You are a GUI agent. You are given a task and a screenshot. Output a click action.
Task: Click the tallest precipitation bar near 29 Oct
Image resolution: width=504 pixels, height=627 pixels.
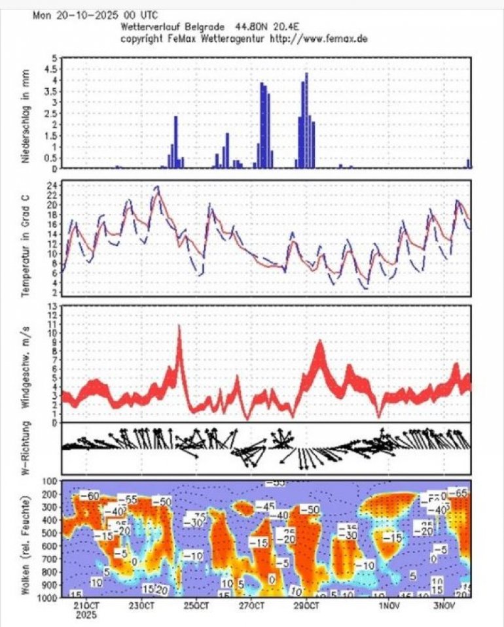pos(306,121)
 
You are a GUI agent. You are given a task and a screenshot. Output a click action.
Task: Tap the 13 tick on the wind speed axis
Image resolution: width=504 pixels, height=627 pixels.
pos(52,305)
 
